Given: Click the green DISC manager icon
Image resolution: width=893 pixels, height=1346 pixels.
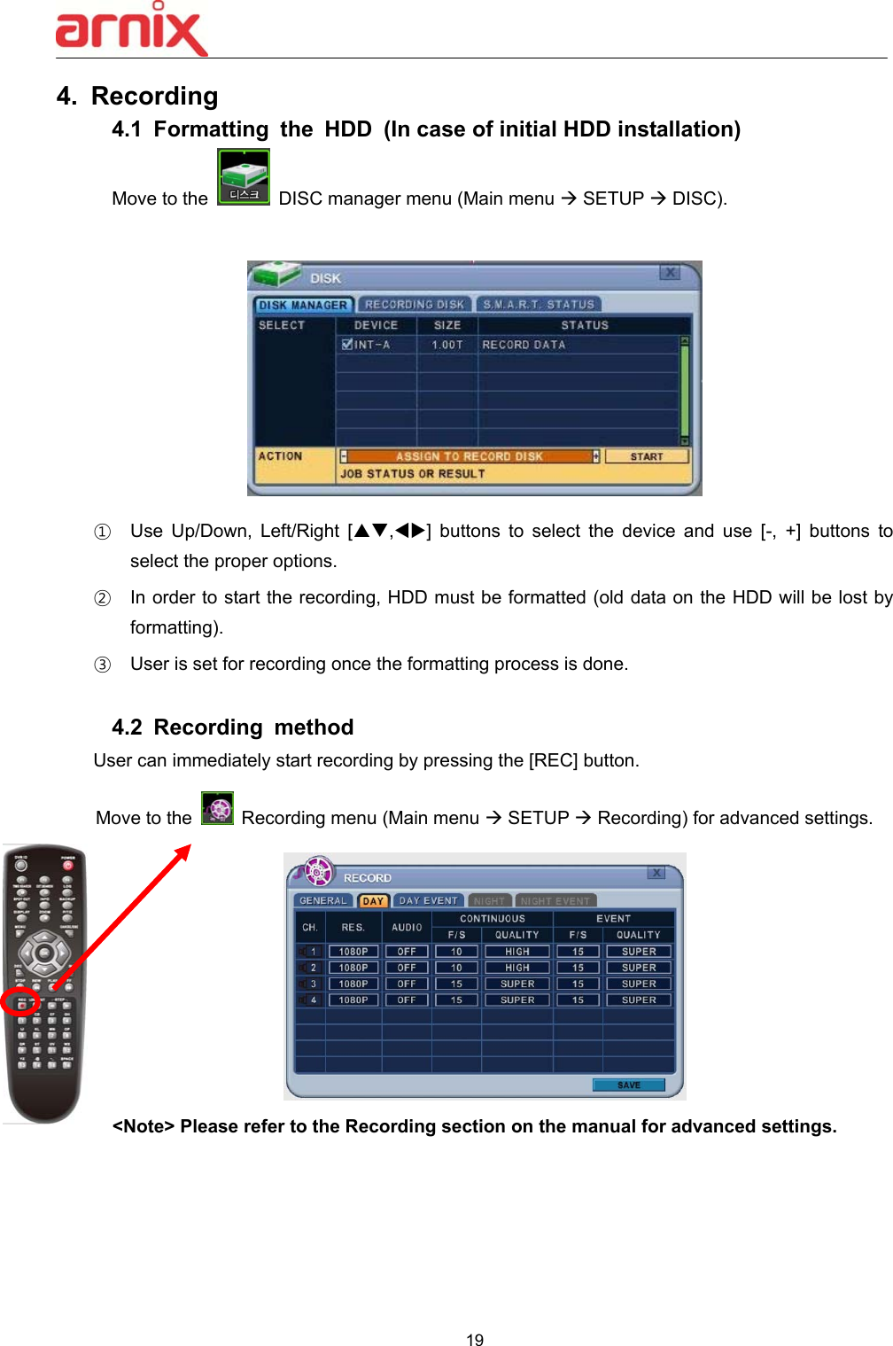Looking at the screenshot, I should coord(244,176).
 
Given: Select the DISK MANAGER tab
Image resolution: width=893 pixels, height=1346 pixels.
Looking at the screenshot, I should coord(303,305).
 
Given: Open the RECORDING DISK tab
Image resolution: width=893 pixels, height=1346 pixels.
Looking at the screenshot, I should coord(414,304).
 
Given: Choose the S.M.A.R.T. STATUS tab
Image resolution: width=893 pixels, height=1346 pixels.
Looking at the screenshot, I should coord(538,304).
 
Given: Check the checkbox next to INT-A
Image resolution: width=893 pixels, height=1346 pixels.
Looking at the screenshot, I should coord(347,345).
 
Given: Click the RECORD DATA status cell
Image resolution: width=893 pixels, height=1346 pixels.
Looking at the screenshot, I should coord(524,345).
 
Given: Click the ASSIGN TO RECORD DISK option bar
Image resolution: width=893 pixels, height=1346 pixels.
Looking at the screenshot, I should coord(469,456).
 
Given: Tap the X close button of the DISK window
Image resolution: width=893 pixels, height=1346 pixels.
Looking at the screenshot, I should coord(671,273).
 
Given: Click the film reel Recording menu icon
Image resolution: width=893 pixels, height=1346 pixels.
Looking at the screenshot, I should coord(217,808).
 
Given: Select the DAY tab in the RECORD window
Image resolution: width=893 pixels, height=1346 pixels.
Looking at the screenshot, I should coord(373,901).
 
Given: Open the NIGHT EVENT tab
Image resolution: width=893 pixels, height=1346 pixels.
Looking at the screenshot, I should coord(555,901).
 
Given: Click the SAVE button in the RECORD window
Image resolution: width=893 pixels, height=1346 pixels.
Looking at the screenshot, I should coord(628,1085).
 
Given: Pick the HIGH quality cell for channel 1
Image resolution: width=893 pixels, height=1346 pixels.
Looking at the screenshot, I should coord(517,952).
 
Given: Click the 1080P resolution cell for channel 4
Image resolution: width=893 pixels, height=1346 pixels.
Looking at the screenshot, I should coord(353,1000).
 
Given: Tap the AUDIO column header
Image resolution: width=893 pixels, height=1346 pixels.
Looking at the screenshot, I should coord(407,927).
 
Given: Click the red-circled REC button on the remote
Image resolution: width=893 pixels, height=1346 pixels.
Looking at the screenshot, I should coord(20,1003).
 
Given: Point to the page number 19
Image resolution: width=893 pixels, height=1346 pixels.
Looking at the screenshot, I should coord(475,1340).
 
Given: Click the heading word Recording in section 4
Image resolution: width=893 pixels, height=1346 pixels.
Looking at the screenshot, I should coord(154,96).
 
